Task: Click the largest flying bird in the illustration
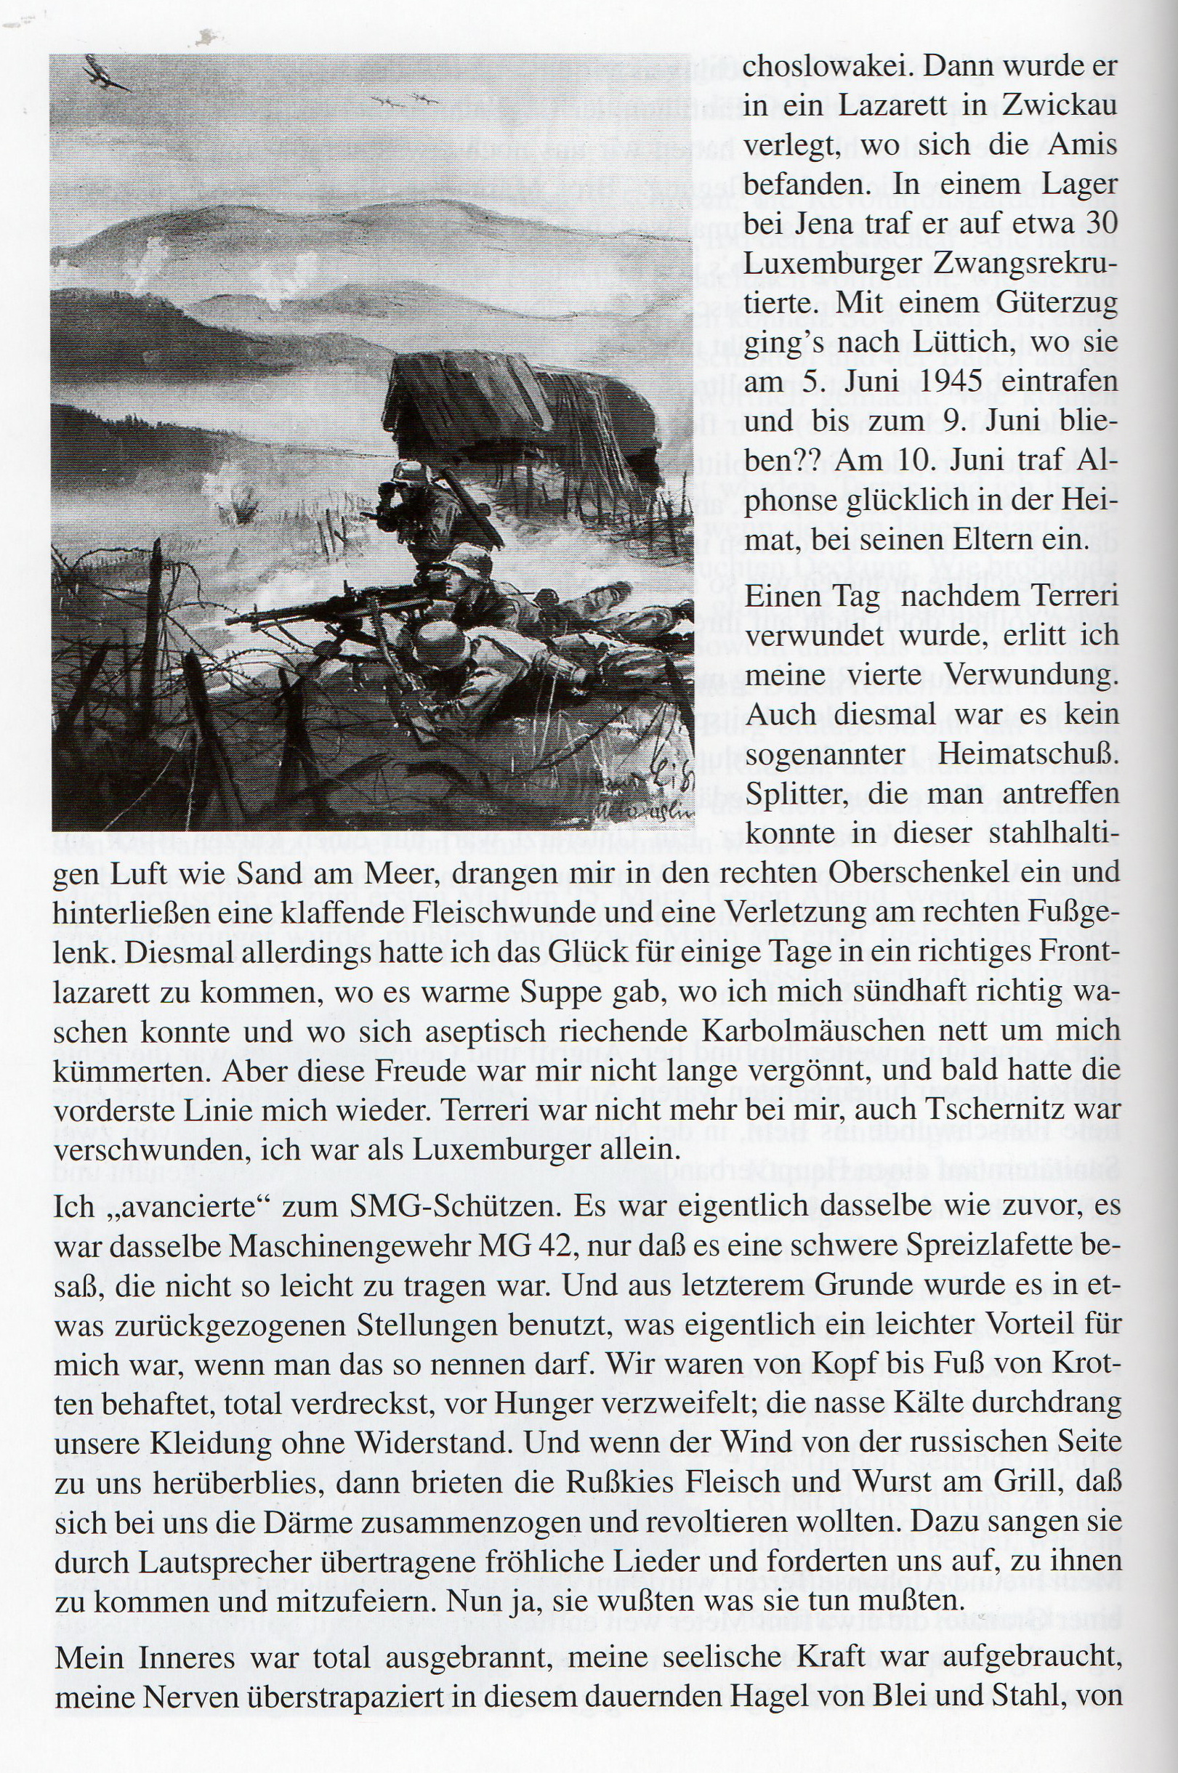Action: [x=105, y=73]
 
